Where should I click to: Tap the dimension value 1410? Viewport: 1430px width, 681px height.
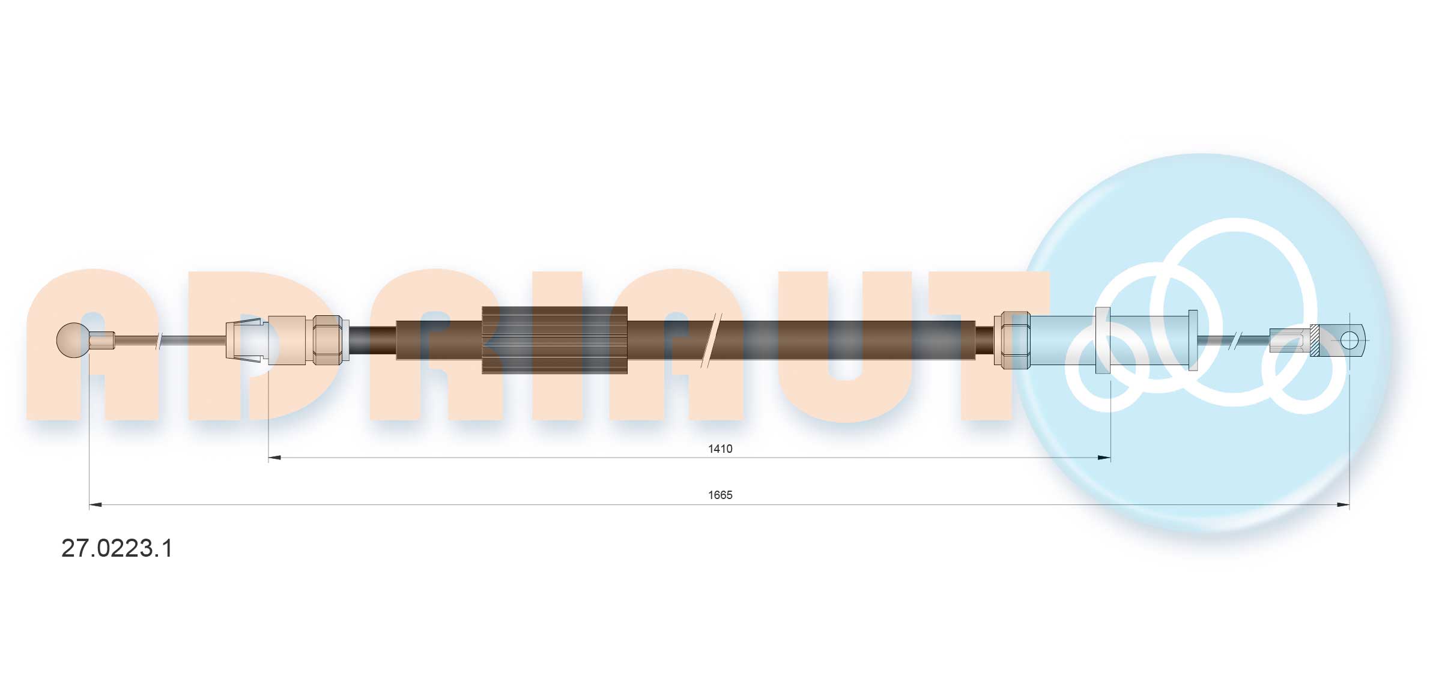coord(720,449)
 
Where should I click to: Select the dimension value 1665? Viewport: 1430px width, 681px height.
coord(720,495)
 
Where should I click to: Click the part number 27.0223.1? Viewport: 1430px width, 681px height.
coord(117,548)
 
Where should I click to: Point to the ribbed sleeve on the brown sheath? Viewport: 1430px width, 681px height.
coord(554,340)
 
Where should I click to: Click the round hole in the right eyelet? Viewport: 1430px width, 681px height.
coord(1349,340)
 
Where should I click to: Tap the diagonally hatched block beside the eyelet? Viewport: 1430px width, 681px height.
coord(1314,340)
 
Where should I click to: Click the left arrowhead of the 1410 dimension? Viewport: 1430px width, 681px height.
coord(274,458)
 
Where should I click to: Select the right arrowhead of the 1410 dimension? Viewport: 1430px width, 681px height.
coord(1104,458)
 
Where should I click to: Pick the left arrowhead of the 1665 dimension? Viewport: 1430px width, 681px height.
coord(95,504)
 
